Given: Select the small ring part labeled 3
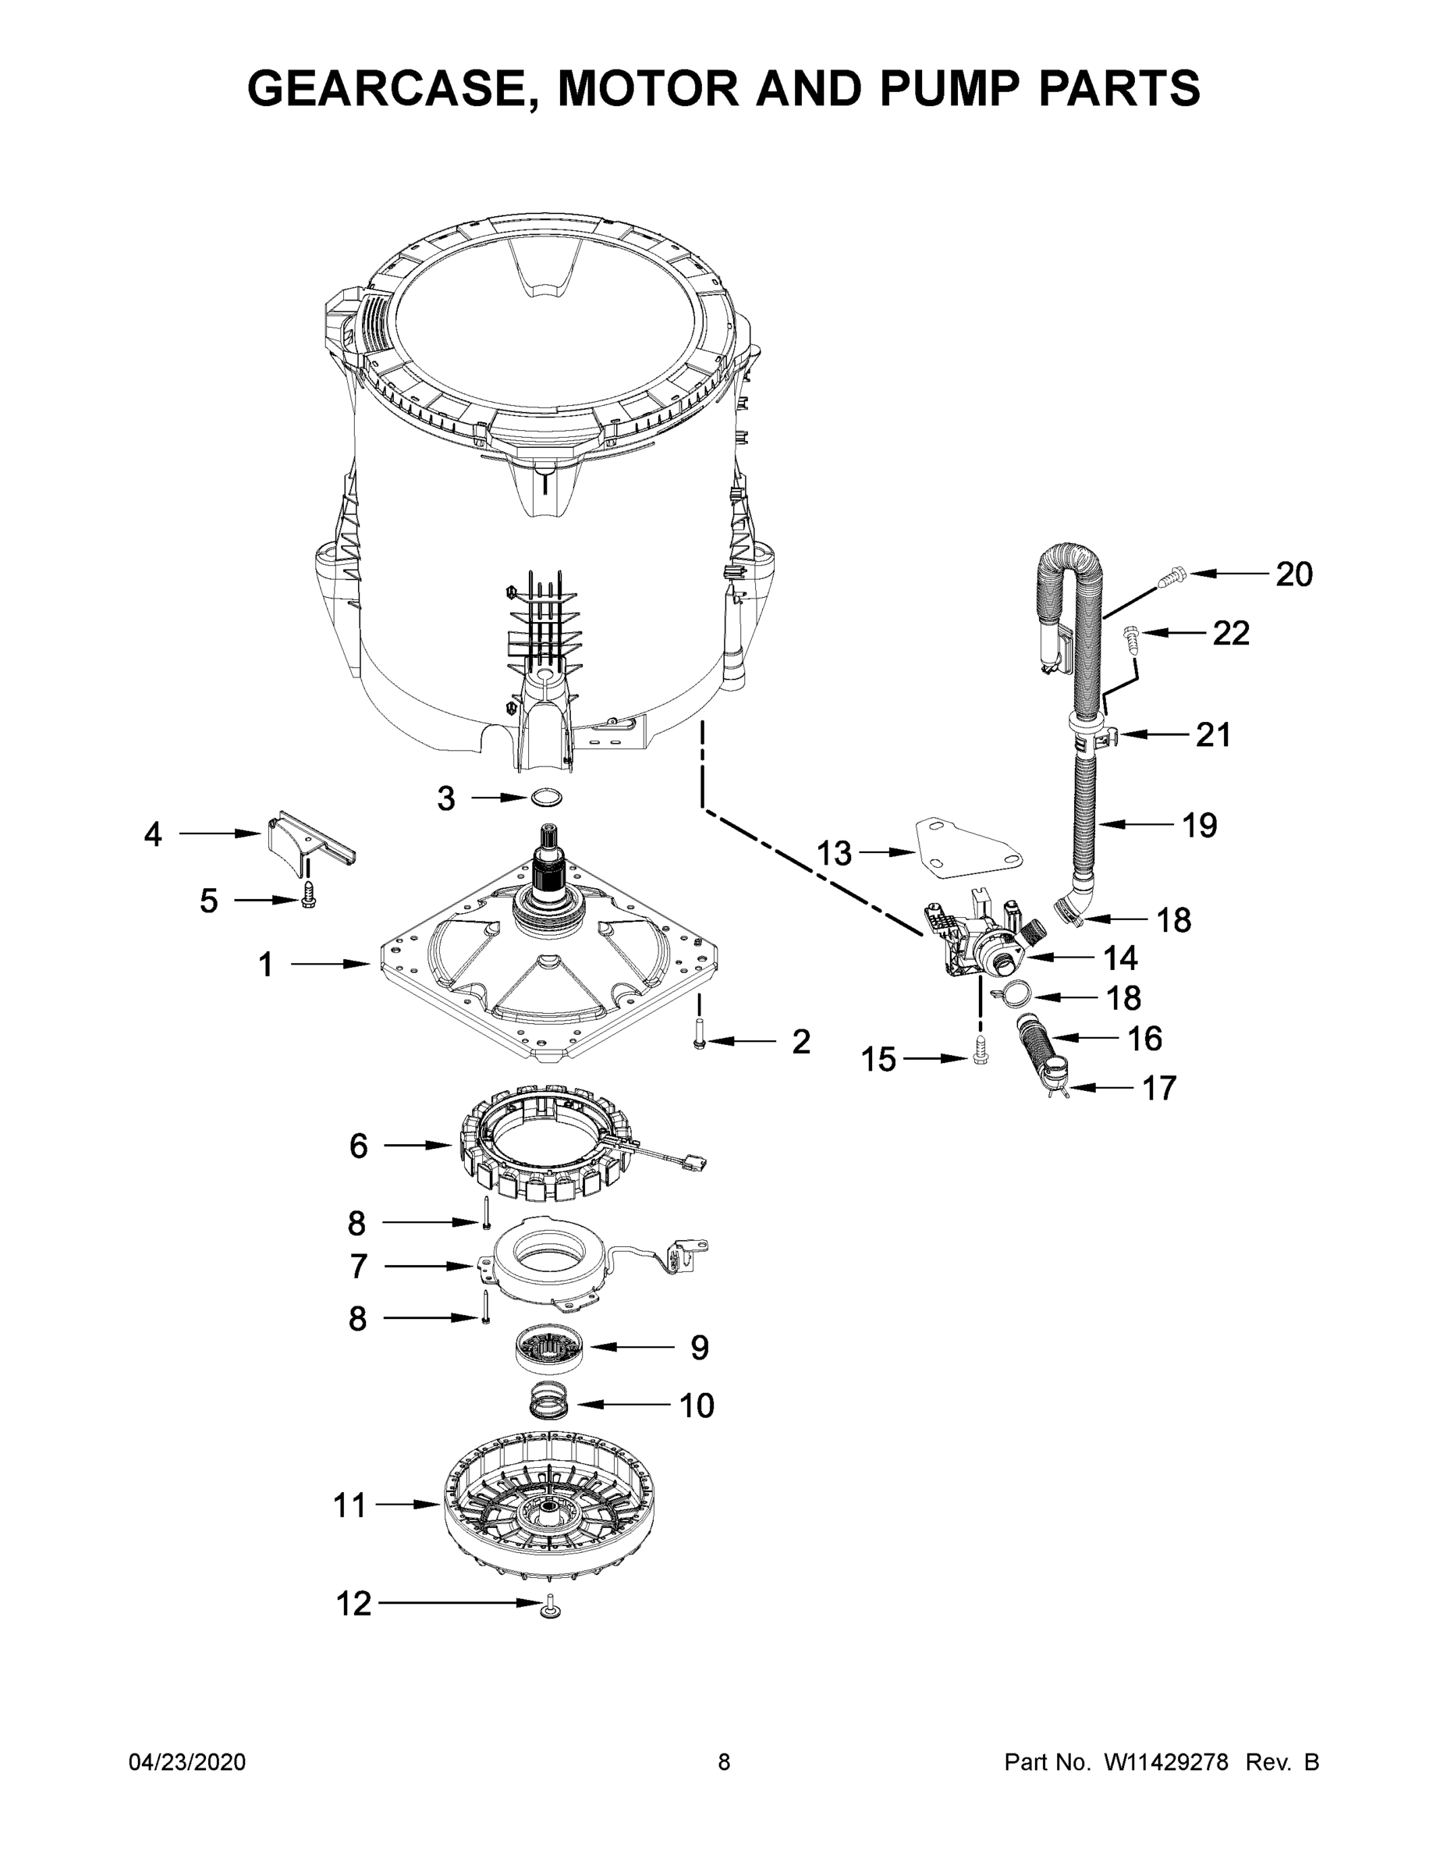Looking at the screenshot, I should pyautogui.click(x=546, y=798).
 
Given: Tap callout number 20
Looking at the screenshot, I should pyautogui.click(x=1293, y=574).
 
